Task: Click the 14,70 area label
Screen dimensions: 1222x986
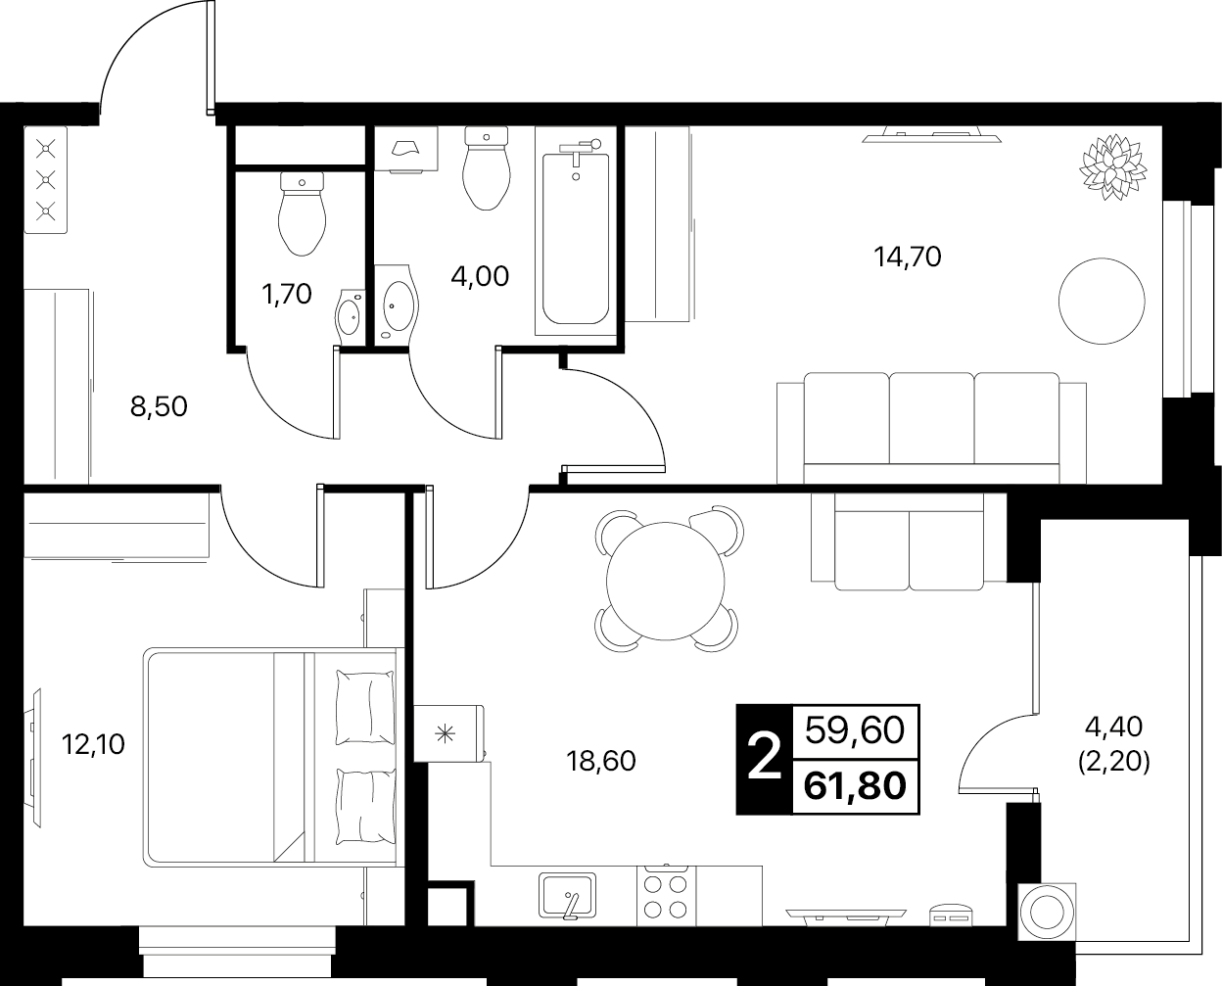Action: [907, 257]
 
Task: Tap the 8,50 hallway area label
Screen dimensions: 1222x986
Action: [159, 406]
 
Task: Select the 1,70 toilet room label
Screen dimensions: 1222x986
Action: [286, 294]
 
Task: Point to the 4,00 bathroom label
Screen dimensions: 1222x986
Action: [480, 276]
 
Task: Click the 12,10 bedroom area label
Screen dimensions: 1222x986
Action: [93, 744]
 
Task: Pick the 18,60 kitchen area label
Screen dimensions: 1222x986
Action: [601, 761]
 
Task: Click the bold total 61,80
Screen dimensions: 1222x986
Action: [855, 786]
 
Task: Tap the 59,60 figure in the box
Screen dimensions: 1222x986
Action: [855, 730]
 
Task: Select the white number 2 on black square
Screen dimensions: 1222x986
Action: [765, 760]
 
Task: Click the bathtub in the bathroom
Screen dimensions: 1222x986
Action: [576, 231]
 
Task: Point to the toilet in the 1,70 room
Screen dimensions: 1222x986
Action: [303, 214]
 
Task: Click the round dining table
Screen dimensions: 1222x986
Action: [666, 581]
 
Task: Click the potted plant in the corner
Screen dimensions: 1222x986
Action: [1112, 167]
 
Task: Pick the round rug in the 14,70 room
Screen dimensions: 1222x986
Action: [1102, 301]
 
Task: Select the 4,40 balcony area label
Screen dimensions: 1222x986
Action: [1114, 745]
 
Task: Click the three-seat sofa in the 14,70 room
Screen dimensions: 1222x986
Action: [931, 428]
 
